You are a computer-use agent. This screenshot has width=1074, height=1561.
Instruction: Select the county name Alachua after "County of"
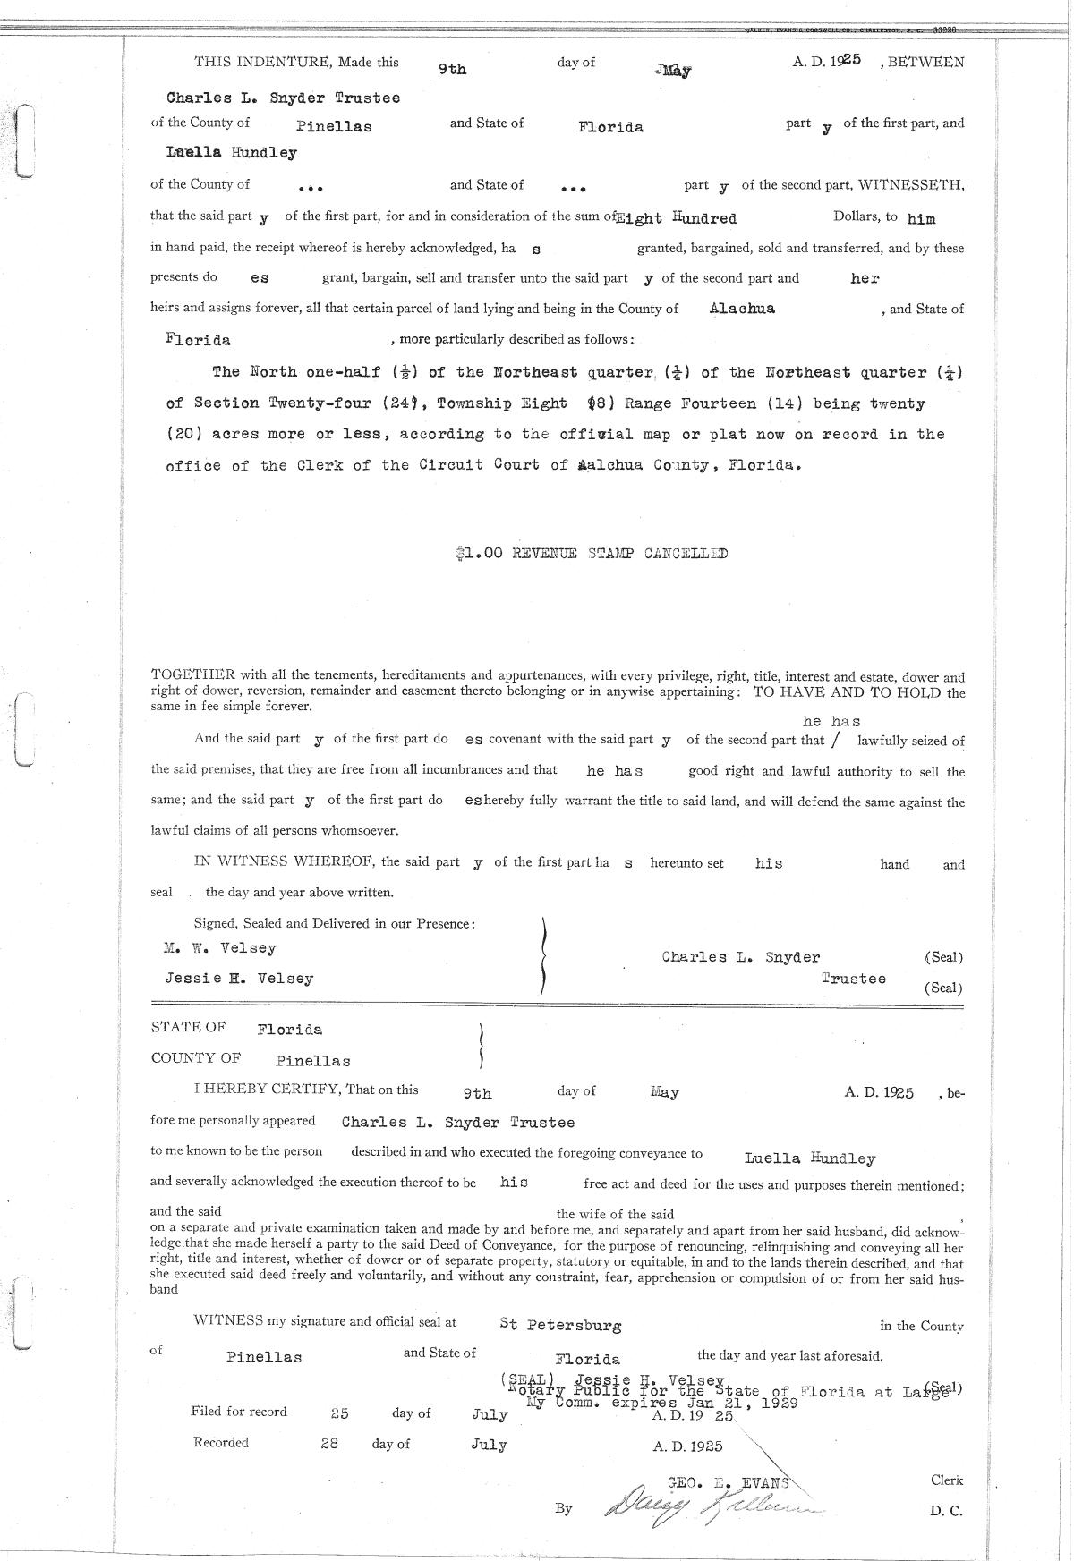pyautogui.click(x=742, y=309)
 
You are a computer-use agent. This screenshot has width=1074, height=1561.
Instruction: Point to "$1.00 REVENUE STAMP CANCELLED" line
pyautogui.click(x=592, y=554)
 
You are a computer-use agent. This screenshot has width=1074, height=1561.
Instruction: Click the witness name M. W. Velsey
pyautogui.click(x=220, y=948)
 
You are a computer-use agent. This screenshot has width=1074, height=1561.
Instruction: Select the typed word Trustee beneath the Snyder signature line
pyautogui.click(x=854, y=979)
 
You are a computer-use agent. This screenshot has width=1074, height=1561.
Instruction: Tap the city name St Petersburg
pyautogui.click(x=560, y=1325)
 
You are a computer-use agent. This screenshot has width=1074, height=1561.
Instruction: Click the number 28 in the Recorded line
pyautogui.click(x=329, y=1443)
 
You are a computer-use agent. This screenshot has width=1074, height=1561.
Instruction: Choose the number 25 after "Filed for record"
pyautogui.click(x=339, y=1413)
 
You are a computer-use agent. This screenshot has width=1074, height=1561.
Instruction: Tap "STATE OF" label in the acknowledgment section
pyautogui.click(x=188, y=1027)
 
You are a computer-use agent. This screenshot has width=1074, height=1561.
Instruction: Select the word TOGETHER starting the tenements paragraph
pyautogui.click(x=192, y=677)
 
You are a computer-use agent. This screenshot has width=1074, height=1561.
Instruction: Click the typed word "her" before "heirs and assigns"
pyautogui.click(x=865, y=278)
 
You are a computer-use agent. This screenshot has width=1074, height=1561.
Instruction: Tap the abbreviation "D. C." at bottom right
pyautogui.click(x=945, y=1511)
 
